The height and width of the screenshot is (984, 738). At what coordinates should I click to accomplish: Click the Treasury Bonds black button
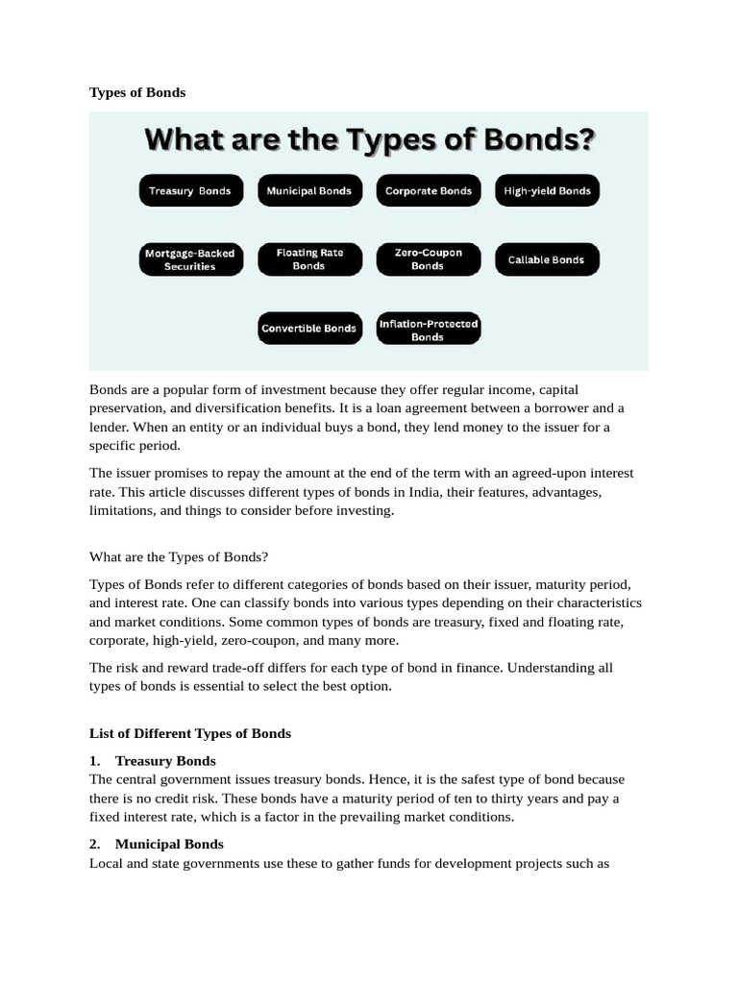pyautogui.click(x=190, y=190)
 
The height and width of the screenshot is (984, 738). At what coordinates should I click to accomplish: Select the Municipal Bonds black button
pyautogui.click(x=309, y=190)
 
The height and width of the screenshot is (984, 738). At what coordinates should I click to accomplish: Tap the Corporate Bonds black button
pyautogui.click(x=429, y=190)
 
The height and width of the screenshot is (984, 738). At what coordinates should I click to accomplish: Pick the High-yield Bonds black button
pyautogui.click(x=548, y=190)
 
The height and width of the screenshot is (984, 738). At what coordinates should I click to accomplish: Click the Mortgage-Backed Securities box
pyautogui.click(x=189, y=259)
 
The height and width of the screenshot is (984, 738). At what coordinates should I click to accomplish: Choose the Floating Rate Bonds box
pyautogui.click(x=309, y=259)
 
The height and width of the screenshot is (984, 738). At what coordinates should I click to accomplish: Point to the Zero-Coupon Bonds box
pyautogui.click(x=429, y=259)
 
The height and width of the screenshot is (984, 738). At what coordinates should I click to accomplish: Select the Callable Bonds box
pyautogui.click(x=546, y=259)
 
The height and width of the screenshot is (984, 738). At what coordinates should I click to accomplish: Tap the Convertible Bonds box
pyautogui.click(x=309, y=328)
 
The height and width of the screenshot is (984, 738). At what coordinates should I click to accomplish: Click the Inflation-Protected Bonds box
pyautogui.click(x=429, y=330)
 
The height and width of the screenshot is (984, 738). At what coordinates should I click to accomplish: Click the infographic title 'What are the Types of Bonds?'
pyautogui.click(x=369, y=140)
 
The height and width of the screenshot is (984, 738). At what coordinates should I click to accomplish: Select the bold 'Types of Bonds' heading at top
pyautogui.click(x=137, y=92)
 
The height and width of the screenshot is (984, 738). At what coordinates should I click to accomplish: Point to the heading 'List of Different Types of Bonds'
pyautogui.click(x=190, y=733)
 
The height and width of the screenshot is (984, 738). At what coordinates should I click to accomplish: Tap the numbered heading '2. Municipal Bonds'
pyautogui.click(x=157, y=844)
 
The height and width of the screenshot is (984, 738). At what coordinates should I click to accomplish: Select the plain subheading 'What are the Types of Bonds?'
pyautogui.click(x=179, y=556)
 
